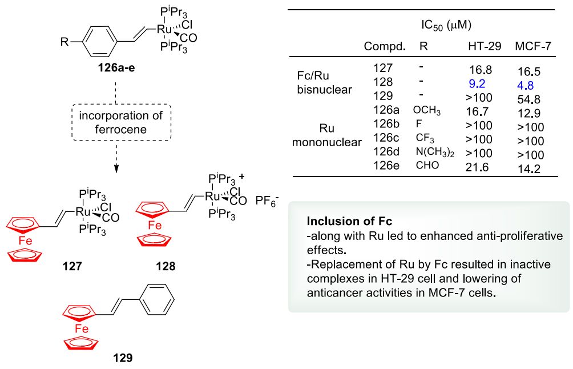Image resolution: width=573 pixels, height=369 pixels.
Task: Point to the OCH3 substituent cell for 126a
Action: click(x=427, y=110)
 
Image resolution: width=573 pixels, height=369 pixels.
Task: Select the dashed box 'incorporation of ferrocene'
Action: click(x=118, y=122)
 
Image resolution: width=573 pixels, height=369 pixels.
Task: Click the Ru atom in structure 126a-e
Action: click(x=163, y=27)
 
